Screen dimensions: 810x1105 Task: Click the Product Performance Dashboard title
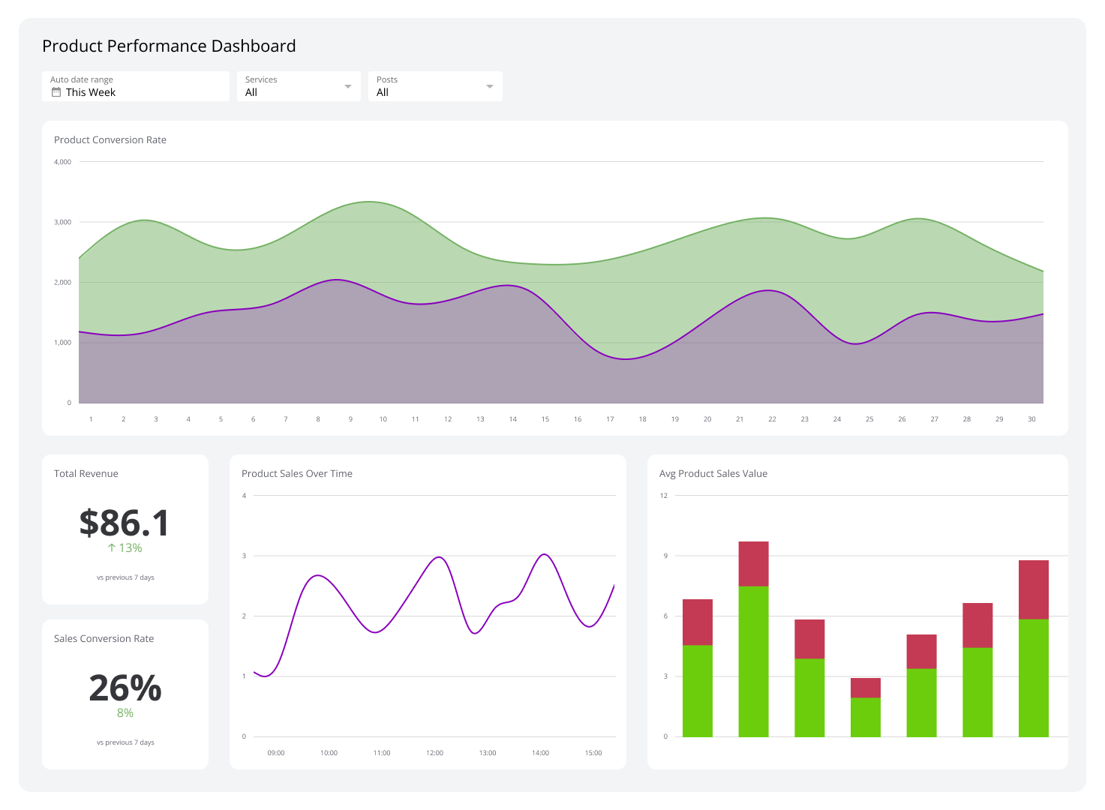point(169,46)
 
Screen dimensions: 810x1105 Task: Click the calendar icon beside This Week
point(56,92)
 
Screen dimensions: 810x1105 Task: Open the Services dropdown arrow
point(347,86)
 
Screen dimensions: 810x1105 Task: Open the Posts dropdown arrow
point(489,86)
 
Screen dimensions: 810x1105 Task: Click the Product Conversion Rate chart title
point(110,140)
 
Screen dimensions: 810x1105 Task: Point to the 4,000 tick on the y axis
point(62,162)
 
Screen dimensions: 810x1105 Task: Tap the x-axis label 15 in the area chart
point(545,419)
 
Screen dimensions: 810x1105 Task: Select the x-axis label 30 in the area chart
point(1031,419)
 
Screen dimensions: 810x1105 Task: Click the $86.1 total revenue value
point(125,523)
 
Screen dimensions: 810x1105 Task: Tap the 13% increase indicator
point(125,548)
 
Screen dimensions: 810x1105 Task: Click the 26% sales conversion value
point(125,688)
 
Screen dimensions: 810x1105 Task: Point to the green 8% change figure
point(125,713)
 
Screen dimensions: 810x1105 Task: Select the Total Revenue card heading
point(86,474)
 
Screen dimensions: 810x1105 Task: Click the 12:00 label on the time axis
point(434,753)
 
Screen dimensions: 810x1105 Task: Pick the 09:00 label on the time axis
point(276,753)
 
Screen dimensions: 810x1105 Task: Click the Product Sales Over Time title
point(297,474)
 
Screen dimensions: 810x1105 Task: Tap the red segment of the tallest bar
point(753,563)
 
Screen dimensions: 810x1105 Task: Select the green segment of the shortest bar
point(865,717)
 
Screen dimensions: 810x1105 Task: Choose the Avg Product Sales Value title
point(713,474)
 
